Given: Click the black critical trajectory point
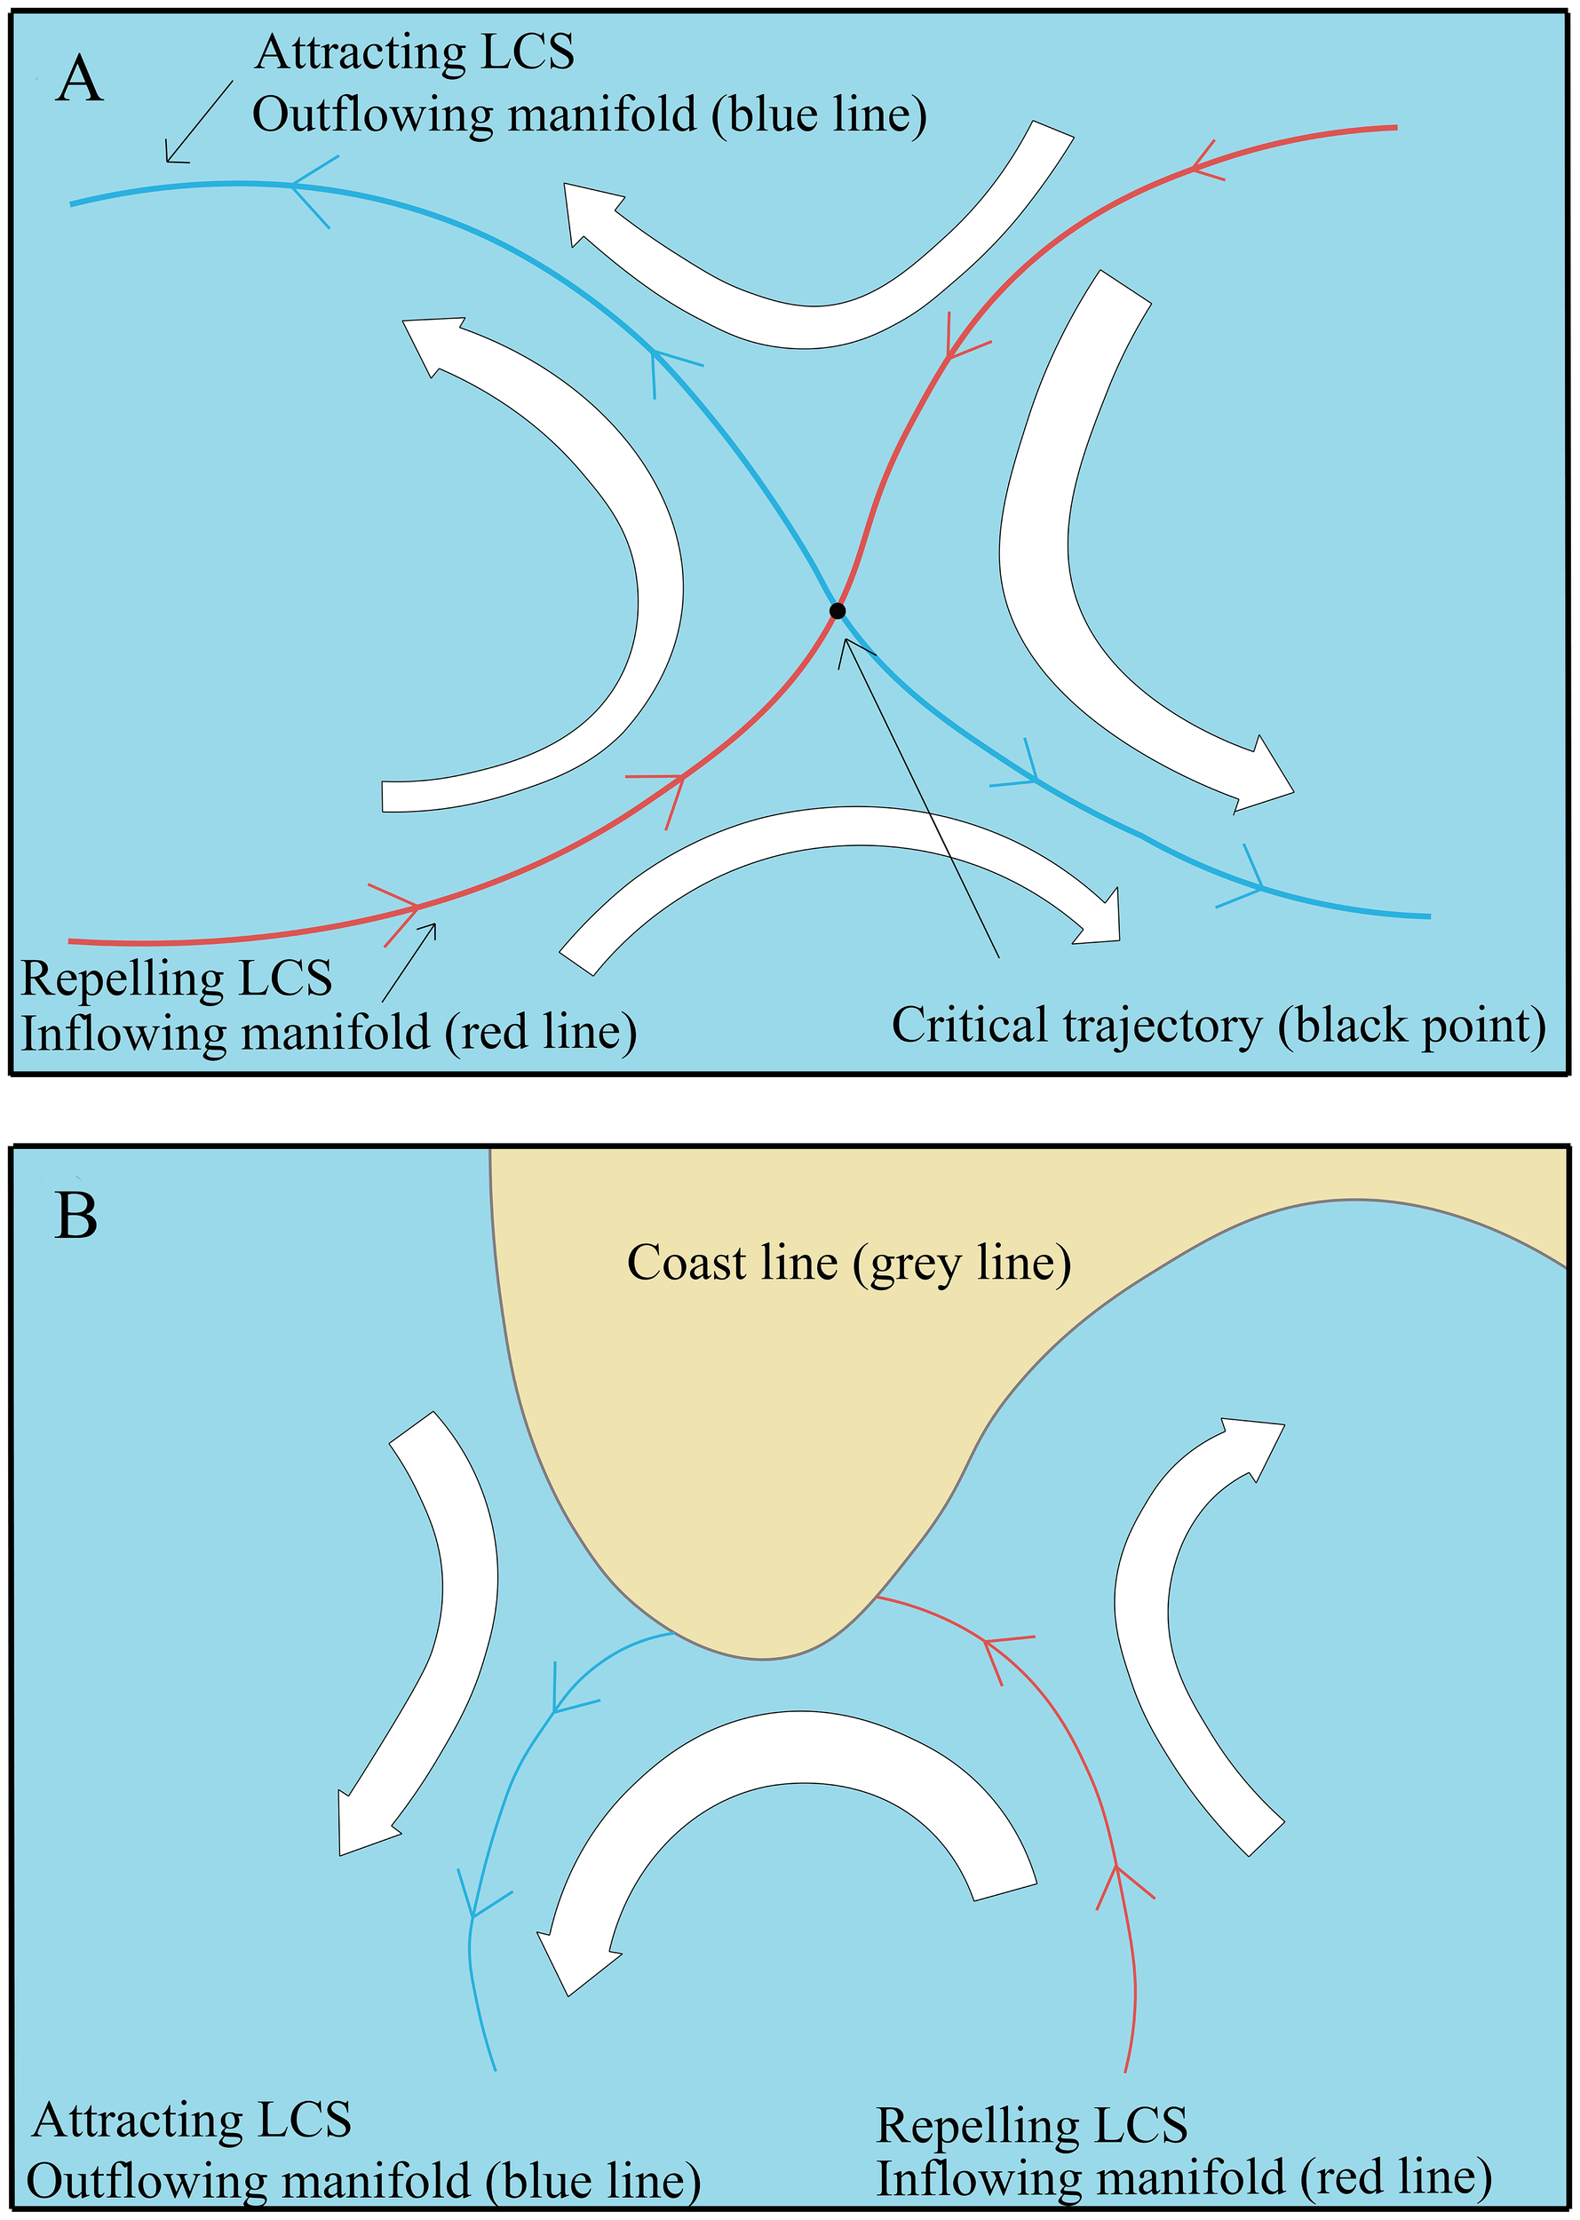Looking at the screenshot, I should pos(838,611).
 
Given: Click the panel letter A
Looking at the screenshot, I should pos(80,80).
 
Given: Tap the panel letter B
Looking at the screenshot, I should pos(75,1215).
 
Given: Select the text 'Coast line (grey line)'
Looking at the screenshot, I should pos(848,1263).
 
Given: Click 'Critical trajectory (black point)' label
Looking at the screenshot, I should pos(1218,1026).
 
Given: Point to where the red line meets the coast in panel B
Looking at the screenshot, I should pos(877,1598).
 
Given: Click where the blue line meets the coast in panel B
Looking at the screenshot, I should pos(674,1633).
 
